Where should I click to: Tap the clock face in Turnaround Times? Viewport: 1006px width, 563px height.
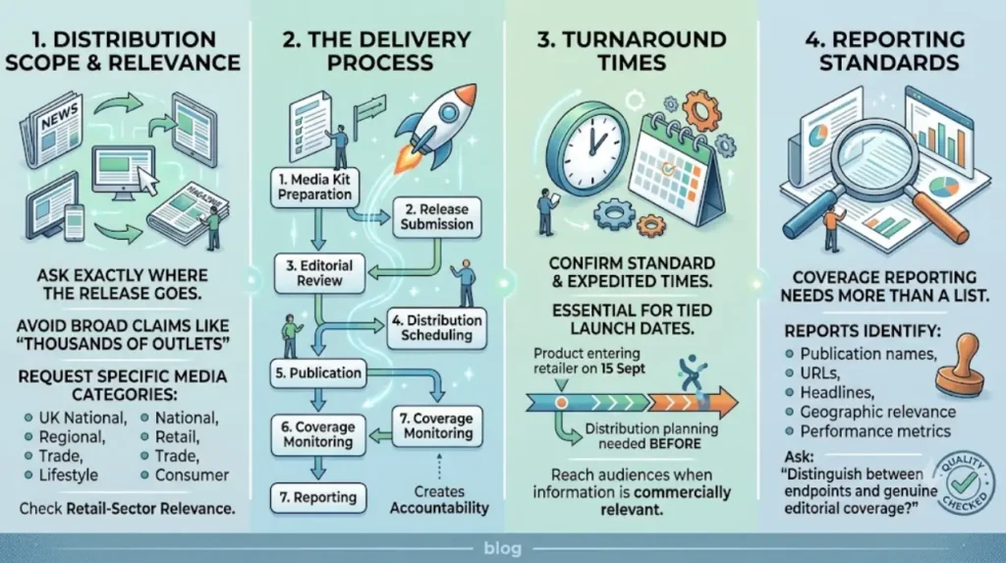[x=587, y=146]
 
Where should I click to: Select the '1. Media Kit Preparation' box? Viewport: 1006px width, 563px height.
[x=314, y=187]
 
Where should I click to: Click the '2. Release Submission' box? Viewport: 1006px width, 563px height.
[x=437, y=217]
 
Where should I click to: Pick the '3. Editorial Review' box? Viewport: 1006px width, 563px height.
[x=319, y=273]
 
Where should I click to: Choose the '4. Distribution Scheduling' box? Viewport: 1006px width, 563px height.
[x=437, y=327]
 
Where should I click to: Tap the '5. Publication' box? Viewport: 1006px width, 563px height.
[x=318, y=373]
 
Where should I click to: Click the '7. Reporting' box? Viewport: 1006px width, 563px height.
[x=318, y=497]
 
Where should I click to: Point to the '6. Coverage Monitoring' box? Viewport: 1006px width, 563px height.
[x=318, y=434]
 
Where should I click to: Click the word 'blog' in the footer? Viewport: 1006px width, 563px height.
[x=502, y=548]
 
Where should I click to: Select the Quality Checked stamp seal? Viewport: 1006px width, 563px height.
[x=964, y=482]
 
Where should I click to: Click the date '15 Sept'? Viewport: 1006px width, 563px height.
[x=623, y=368]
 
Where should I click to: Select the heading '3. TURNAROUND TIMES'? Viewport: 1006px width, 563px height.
[x=632, y=51]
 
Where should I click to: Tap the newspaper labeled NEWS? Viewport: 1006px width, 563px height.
[x=51, y=129]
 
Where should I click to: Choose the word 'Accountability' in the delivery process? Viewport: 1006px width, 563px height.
[x=439, y=508]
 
